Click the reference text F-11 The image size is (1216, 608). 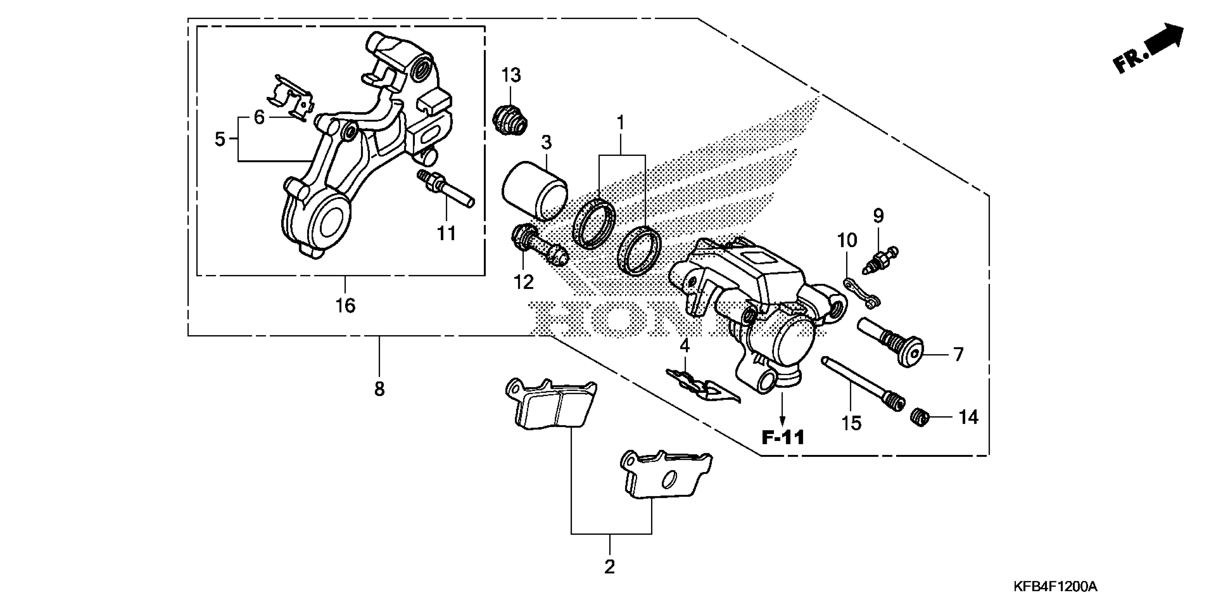tap(783, 437)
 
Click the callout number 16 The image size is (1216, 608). tap(345, 306)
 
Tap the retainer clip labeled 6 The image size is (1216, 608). tap(290, 100)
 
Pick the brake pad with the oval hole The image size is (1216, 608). tap(666, 476)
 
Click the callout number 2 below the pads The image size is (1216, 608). tap(609, 567)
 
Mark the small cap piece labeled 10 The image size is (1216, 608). tap(862, 293)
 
